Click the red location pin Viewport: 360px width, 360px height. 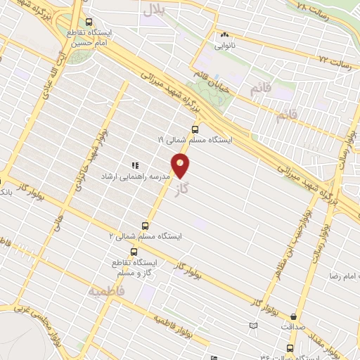pyautogui.click(x=181, y=166)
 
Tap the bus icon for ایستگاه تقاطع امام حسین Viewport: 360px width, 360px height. pyautogui.click(x=89, y=22)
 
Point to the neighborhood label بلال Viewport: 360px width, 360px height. pyautogui.click(x=153, y=9)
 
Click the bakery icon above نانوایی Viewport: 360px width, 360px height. pyautogui.click(x=225, y=34)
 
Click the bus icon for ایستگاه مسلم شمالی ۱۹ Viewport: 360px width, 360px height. pyautogui.click(x=195, y=129)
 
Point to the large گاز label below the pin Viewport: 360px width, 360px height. pyautogui.click(x=184, y=190)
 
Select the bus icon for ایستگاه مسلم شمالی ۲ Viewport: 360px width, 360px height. pyautogui.click(x=145, y=226)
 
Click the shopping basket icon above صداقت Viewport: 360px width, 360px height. pyautogui.click(x=292, y=317)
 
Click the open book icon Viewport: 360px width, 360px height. pyautogui.click(x=254, y=326)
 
